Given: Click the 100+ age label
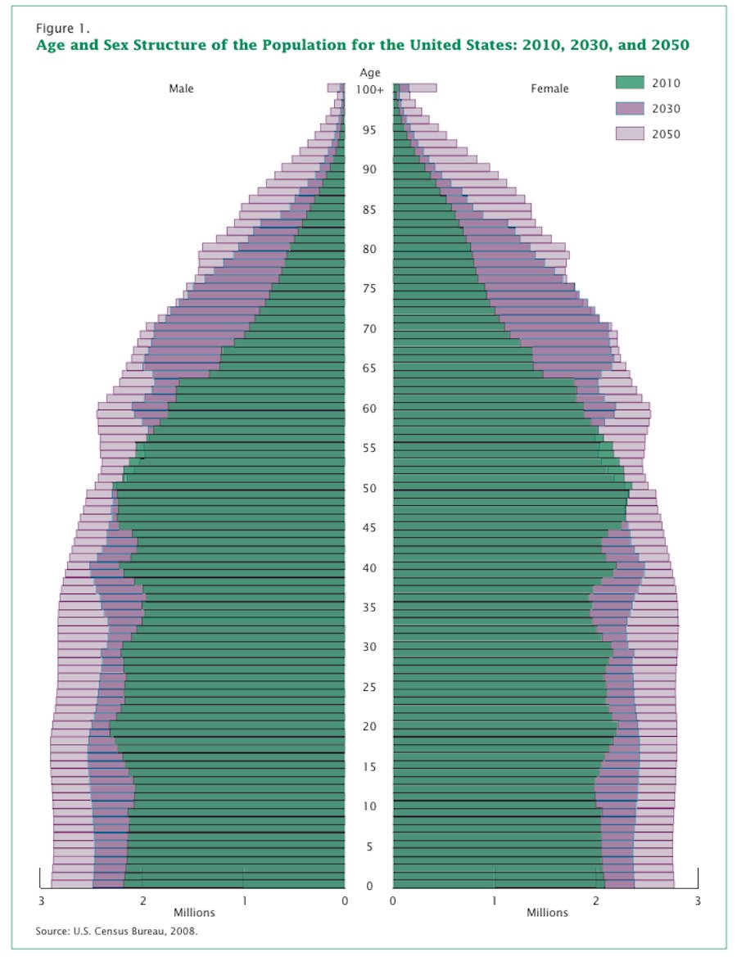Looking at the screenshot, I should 369,89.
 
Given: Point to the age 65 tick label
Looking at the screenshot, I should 369,368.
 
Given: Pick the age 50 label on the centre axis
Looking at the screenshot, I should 369,489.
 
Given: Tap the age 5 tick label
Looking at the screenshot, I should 369,846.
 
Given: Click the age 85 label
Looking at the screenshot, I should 369,210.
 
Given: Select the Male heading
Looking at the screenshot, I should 181,88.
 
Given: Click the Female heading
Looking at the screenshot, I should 549,88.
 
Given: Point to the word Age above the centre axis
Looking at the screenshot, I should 369,74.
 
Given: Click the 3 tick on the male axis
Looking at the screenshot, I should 40,901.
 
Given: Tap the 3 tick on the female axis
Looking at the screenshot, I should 698,901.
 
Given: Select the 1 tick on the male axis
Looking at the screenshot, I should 243,901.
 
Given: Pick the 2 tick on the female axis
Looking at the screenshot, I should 596,901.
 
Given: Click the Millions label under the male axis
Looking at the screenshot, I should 194,913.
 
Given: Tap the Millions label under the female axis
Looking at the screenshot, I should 546,913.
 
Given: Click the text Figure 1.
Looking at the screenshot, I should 61,29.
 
